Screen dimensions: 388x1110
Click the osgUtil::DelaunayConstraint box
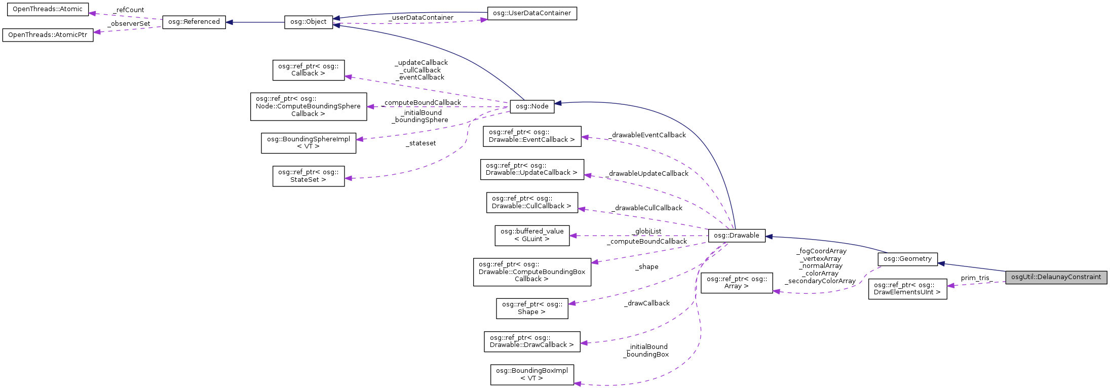point(1056,277)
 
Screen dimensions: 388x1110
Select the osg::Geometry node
point(907,259)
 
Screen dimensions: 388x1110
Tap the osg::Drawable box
point(736,236)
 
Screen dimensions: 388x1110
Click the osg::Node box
point(532,106)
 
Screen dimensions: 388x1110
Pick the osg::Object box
point(308,22)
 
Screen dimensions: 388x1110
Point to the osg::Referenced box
point(194,22)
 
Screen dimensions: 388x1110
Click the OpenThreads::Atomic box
point(47,9)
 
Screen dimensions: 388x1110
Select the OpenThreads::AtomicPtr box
point(48,35)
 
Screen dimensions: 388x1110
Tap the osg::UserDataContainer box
point(531,13)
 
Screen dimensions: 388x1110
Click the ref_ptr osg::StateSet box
point(308,176)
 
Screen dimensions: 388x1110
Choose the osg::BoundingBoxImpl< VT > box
point(531,374)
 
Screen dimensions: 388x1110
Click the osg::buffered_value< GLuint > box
point(531,235)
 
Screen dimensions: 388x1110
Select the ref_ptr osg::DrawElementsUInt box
point(907,289)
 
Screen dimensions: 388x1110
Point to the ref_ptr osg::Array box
point(736,283)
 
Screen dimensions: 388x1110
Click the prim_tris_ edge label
point(976,278)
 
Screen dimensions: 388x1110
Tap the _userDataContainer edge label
point(421,18)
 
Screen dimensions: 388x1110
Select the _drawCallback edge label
point(647,303)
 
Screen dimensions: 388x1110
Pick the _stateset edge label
point(421,143)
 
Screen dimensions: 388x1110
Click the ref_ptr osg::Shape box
point(531,308)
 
